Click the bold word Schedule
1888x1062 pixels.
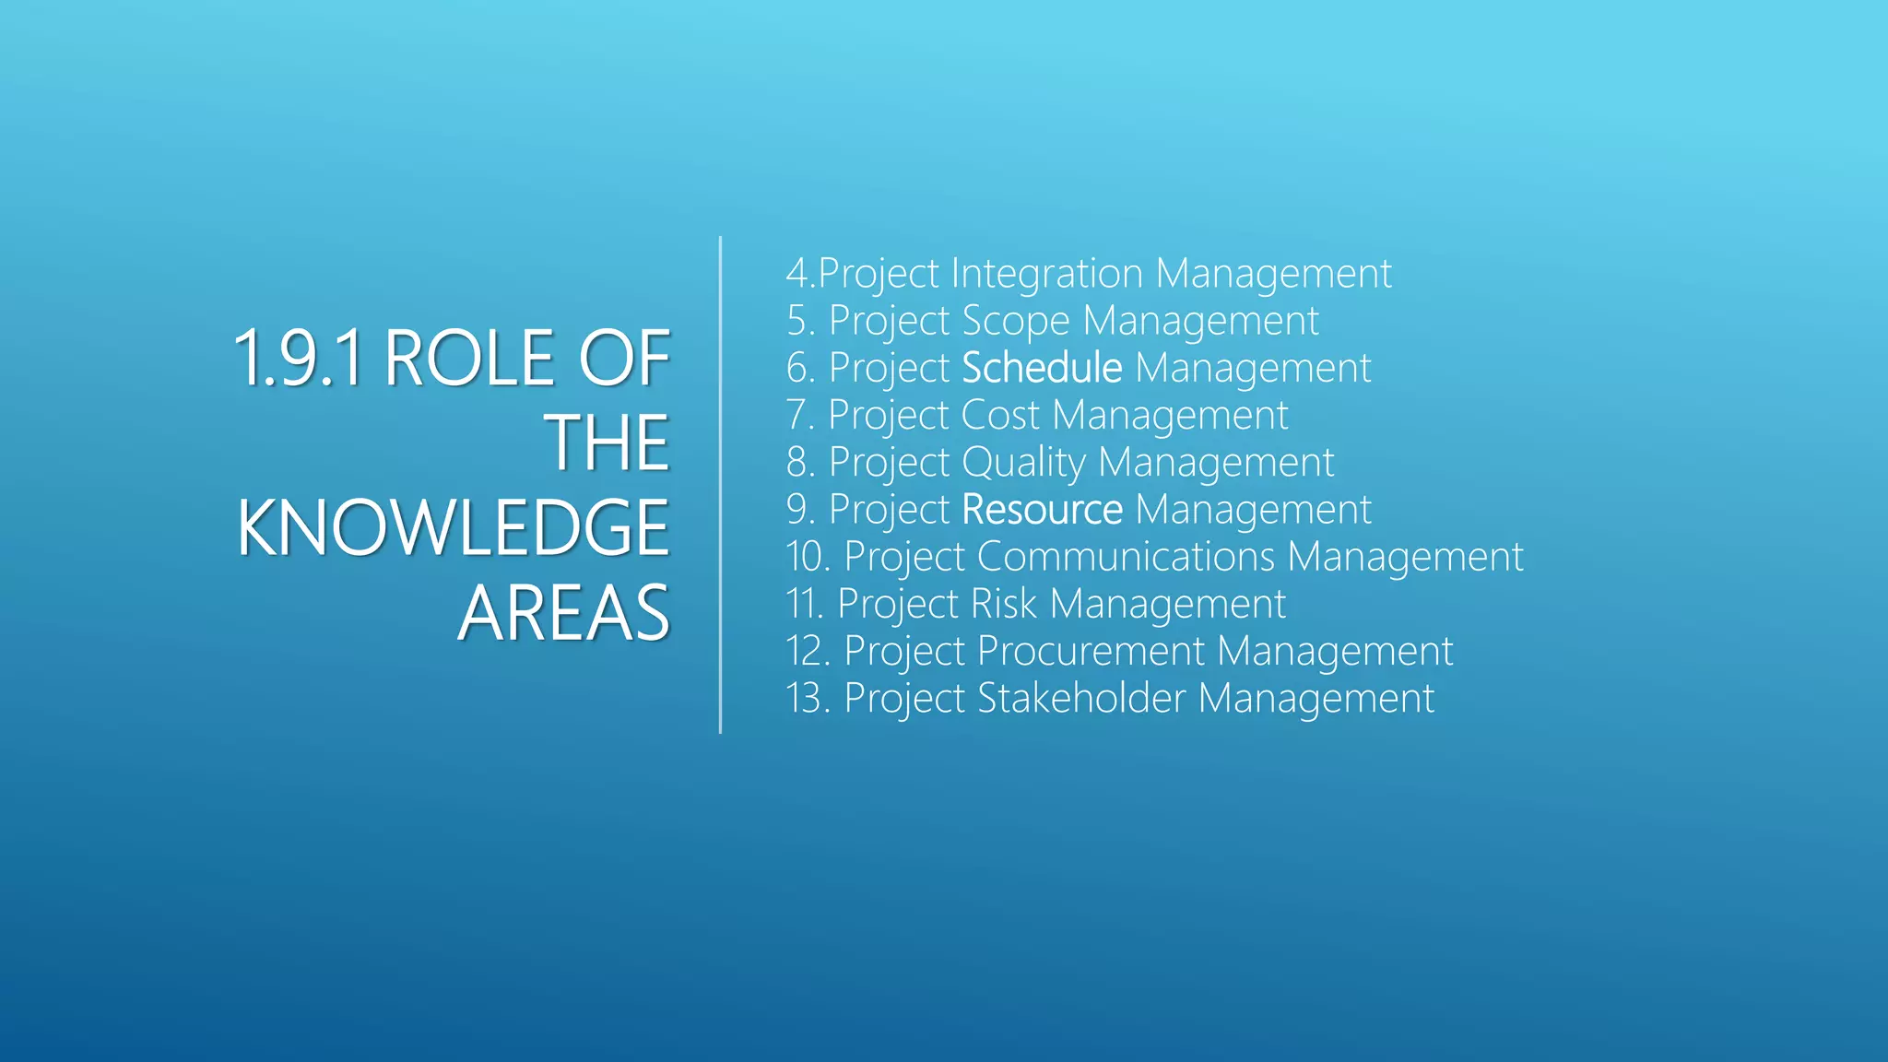pyautogui.click(x=1042, y=368)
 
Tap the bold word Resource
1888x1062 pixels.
pyautogui.click(x=1042, y=510)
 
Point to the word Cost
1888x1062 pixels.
pyautogui.click(x=999, y=415)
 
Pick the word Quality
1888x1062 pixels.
pyautogui.click(x=1023, y=463)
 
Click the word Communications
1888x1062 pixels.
pyautogui.click(x=1126, y=557)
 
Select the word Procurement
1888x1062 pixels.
pyautogui.click(x=1091, y=651)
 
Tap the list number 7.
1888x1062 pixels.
pyautogui.click(x=798, y=415)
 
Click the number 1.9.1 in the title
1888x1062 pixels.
pyautogui.click(x=298, y=358)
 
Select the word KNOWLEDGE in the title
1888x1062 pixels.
pyautogui.click(x=453, y=527)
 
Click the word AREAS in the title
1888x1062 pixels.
pyautogui.click(x=563, y=613)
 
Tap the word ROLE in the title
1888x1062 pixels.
pyautogui.click(x=469, y=358)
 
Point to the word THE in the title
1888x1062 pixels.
pyautogui.click(x=608, y=442)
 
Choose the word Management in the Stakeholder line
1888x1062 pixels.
pyautogui.click(x=1316, y=698)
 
